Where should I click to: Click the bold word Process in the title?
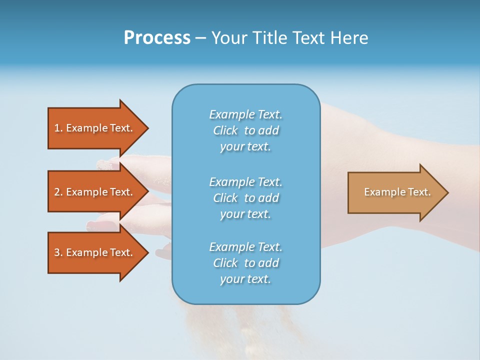[157, 38]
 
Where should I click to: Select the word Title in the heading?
[269, 38]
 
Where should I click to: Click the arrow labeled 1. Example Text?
[93, 128]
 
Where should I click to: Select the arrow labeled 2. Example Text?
[93, 192]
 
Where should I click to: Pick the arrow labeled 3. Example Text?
[93, 252]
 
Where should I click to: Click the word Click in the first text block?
[225, 130]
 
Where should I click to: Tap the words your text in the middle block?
[245, 214]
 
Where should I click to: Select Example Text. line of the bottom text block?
[245, 247]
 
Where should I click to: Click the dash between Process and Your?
[200, 38]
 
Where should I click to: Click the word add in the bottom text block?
[268, 263]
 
